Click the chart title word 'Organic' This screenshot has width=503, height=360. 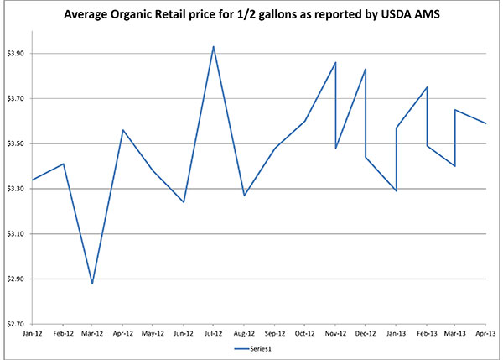[159, 14]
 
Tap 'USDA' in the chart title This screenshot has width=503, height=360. [388, 14]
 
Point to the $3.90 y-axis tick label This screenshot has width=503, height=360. [17, 54]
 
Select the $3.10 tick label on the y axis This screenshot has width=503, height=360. [17, 234]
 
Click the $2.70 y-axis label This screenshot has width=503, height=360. [17, 324]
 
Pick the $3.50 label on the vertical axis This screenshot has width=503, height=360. [17, 144]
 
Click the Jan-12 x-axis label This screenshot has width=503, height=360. [33, 333]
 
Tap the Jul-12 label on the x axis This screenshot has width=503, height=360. [214, 333]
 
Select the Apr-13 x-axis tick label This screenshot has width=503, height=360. [485, 333]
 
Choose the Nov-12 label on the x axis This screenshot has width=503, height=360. [335, 333]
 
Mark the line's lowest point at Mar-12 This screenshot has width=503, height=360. [92, 284]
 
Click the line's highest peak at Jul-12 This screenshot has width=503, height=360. [214, 46]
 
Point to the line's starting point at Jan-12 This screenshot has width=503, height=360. [33, 180]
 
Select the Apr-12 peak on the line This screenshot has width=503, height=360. [123, 130]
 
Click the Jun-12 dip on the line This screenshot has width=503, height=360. [184, 202]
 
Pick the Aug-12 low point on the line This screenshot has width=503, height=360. [244, 196]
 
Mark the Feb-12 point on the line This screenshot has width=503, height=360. [64, 164]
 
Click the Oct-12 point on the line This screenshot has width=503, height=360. [304, 121]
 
